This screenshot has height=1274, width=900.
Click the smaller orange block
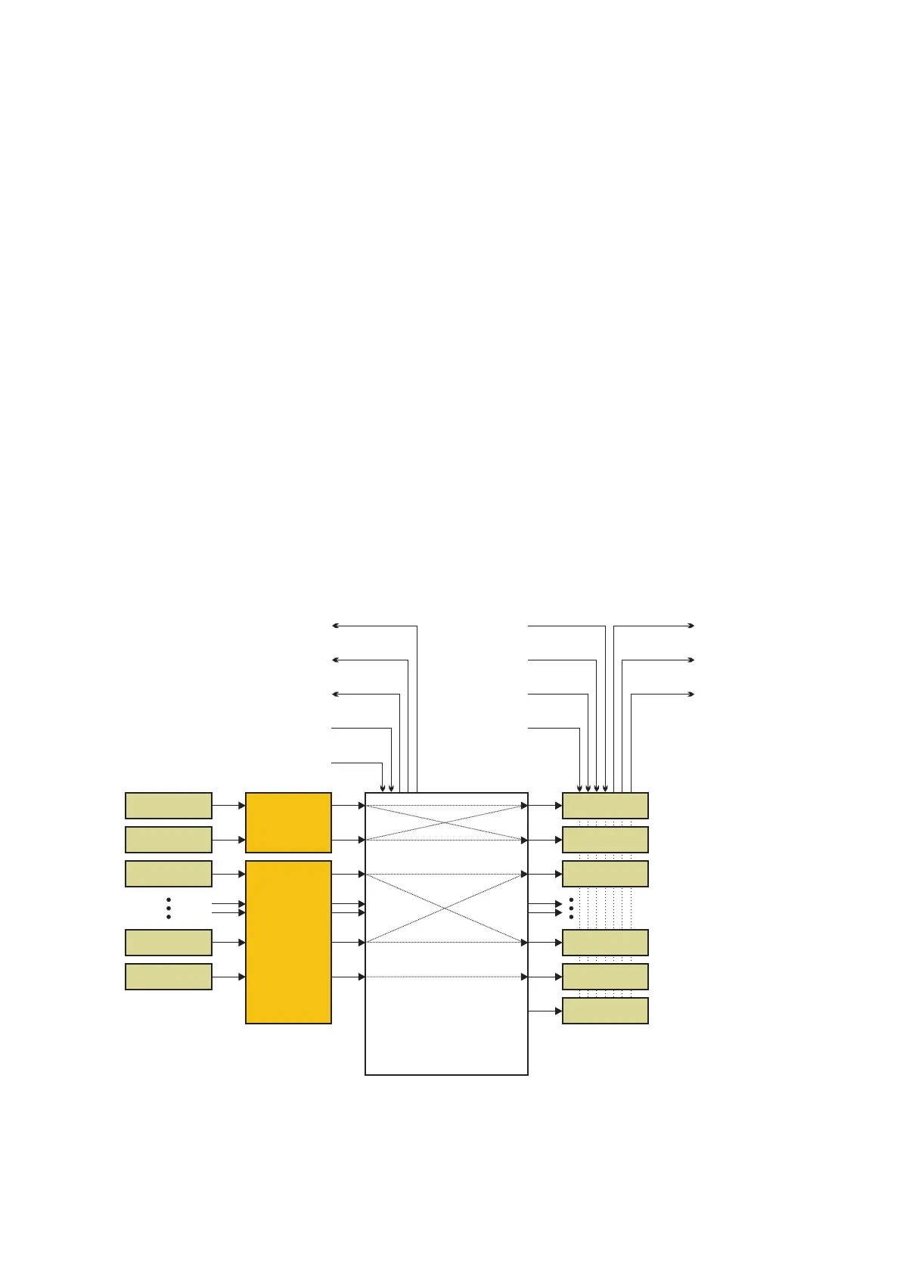point(288,822)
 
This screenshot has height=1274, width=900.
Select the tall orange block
point(288,942)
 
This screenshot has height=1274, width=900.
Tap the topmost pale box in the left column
point(168,806)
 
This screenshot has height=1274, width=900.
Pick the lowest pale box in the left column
point(168,977)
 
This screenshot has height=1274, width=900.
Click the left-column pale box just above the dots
point(168,874)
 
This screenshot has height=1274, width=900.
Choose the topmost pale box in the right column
point(605,806)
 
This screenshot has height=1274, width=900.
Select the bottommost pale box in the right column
point(605,1011)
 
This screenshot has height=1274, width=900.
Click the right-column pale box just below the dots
point(605,943)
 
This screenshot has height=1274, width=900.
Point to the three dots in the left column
point(168,908)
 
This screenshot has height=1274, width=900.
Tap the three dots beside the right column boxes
point(571,908)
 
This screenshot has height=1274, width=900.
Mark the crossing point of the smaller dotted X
point(446,822)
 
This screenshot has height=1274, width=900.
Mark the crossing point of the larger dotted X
point(446,908)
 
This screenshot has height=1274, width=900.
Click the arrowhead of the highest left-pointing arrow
point(335,626)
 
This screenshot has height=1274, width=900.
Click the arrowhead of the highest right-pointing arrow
point(691,626)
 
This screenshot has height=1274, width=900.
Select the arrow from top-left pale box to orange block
point(228,806)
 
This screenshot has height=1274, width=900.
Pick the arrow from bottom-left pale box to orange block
point(228,977)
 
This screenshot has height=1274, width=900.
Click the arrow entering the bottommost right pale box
point(545,1011)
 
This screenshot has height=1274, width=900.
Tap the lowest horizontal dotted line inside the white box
point(446,977)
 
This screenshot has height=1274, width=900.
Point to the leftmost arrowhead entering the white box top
point(382,788)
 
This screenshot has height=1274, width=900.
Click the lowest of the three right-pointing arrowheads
point(691,694)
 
